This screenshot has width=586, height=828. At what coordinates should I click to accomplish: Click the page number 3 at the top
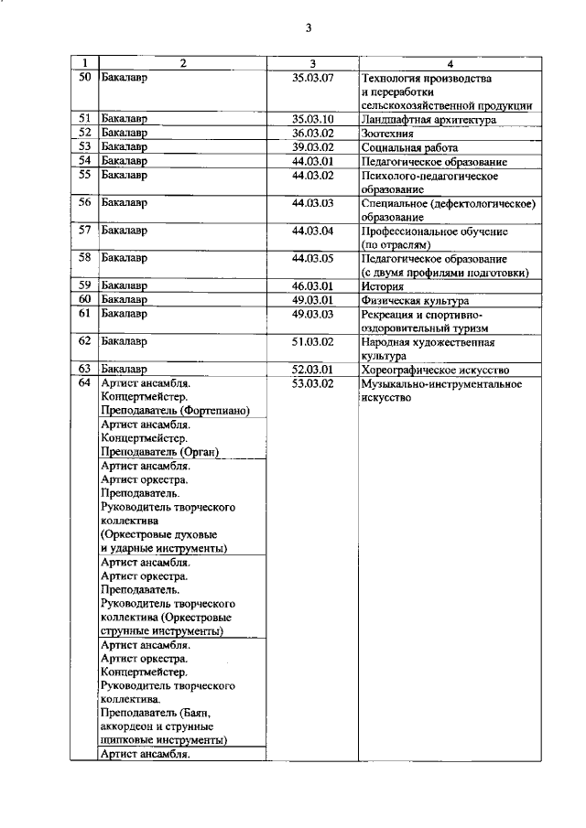point(309,27)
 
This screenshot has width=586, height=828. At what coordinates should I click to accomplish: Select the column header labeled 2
point(183,63)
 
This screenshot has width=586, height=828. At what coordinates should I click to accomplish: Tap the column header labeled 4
point(450,63)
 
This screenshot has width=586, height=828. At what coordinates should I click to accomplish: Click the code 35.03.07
point(312,78)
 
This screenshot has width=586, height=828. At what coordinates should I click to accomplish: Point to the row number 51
point(84,119)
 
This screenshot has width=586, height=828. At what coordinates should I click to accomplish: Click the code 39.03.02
point(312,146)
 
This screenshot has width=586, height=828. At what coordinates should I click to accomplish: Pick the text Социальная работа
point(409,146)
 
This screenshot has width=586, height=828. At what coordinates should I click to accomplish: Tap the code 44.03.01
point(312,161)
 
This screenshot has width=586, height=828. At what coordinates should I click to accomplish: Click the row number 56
point(84,203)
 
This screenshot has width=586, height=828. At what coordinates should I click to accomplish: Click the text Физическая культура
point(415,300)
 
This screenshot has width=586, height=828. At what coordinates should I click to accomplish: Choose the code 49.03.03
point(312,314)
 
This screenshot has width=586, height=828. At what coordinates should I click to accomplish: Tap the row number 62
point(84,342)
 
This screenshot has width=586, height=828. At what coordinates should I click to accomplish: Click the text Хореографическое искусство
point(435,370)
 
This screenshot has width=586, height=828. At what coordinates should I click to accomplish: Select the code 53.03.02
point(312,383)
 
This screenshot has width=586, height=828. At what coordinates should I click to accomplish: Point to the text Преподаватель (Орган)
point(158,452)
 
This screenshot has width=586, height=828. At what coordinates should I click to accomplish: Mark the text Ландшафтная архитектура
point(429,119)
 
